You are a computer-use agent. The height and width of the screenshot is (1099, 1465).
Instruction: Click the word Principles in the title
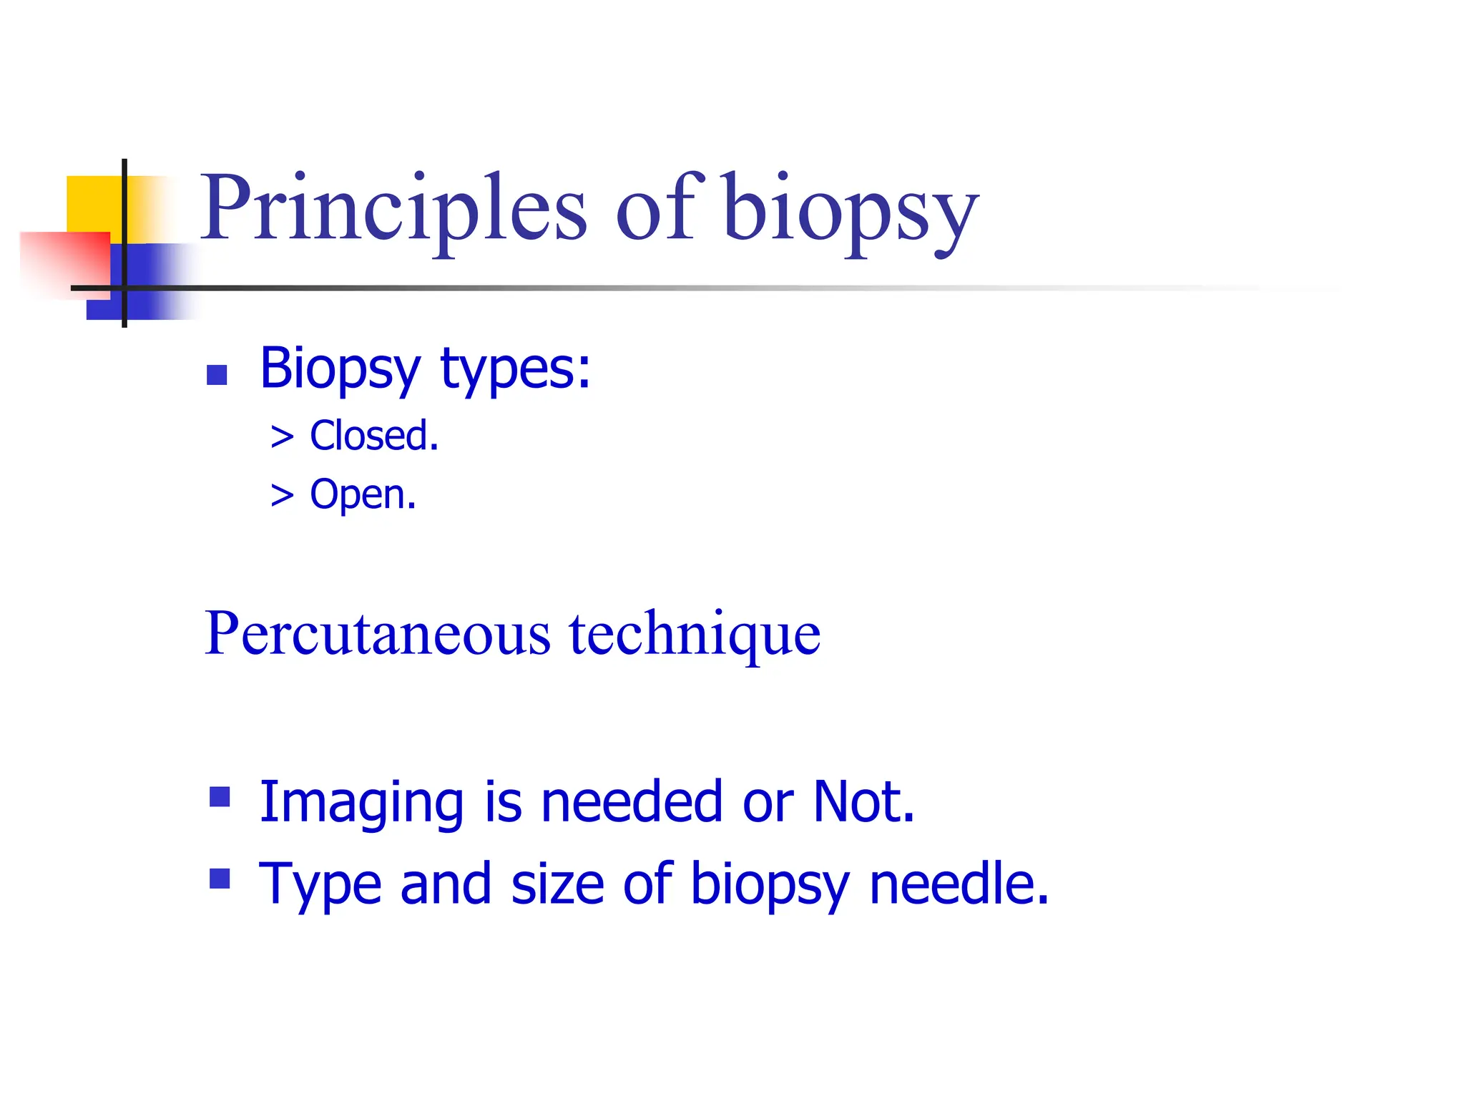click(392, 209)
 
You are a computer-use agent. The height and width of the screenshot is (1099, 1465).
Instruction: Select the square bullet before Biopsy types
click(217, 375)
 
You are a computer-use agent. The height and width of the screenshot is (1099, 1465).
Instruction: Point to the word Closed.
click(373, 436)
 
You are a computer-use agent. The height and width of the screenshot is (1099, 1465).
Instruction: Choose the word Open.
click(363, 494)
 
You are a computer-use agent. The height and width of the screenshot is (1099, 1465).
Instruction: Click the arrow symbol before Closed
click(283, 437)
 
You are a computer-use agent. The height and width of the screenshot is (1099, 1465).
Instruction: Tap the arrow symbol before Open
click(283, 495)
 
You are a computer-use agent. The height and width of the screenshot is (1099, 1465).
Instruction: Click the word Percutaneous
click(378, 634)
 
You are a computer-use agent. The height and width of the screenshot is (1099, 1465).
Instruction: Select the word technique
click(695, 634)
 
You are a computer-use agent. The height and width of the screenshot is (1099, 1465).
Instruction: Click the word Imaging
click(361, 803)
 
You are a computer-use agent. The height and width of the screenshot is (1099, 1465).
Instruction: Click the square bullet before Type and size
click(220, 879)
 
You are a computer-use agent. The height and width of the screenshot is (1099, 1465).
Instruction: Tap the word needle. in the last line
click(959, 884)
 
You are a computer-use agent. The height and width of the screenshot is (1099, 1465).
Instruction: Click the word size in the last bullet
click(558, 884)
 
